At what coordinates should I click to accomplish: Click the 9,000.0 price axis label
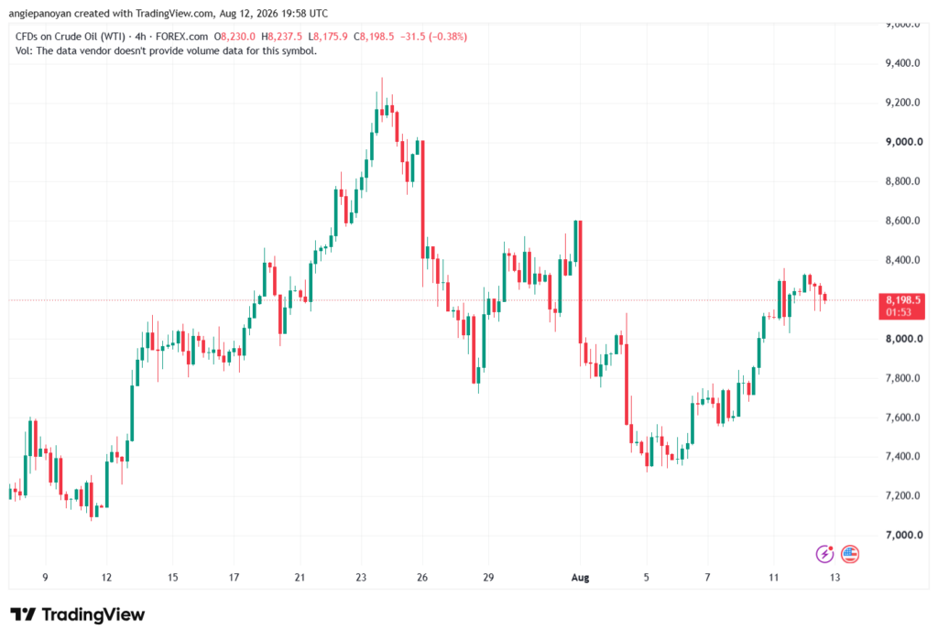tap(903, 142)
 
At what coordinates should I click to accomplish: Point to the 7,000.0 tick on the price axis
tap(903, 535)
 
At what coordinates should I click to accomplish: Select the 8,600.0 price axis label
tap(903, 221)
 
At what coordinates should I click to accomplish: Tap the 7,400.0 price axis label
tap(903, 456)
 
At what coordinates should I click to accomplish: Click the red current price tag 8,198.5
tap(902, 306)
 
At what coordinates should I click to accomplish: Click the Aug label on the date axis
tap(580, 577)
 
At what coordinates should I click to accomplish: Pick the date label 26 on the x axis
tap(422, 577)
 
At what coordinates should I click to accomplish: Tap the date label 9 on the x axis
tap(45, 577)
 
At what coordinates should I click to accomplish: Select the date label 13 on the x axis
tap(835, 577)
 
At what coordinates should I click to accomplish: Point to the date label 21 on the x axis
tap(300, 577)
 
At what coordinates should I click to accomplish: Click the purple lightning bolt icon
tap(825, 554)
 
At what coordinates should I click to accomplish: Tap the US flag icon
tap(850, 554)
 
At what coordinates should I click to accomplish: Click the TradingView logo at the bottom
tap(78, 614)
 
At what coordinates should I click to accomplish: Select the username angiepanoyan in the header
tap(40, 13)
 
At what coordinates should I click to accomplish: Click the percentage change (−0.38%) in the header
tap(448, 37)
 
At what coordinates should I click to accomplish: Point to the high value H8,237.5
tap(282, 37)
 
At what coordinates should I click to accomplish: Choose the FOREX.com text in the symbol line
tap(182, 37)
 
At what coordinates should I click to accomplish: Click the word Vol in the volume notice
tap(23, 51)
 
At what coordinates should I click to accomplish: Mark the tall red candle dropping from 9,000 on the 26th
tap(423, 200)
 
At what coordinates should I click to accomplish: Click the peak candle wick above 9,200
tap(382, 93)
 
